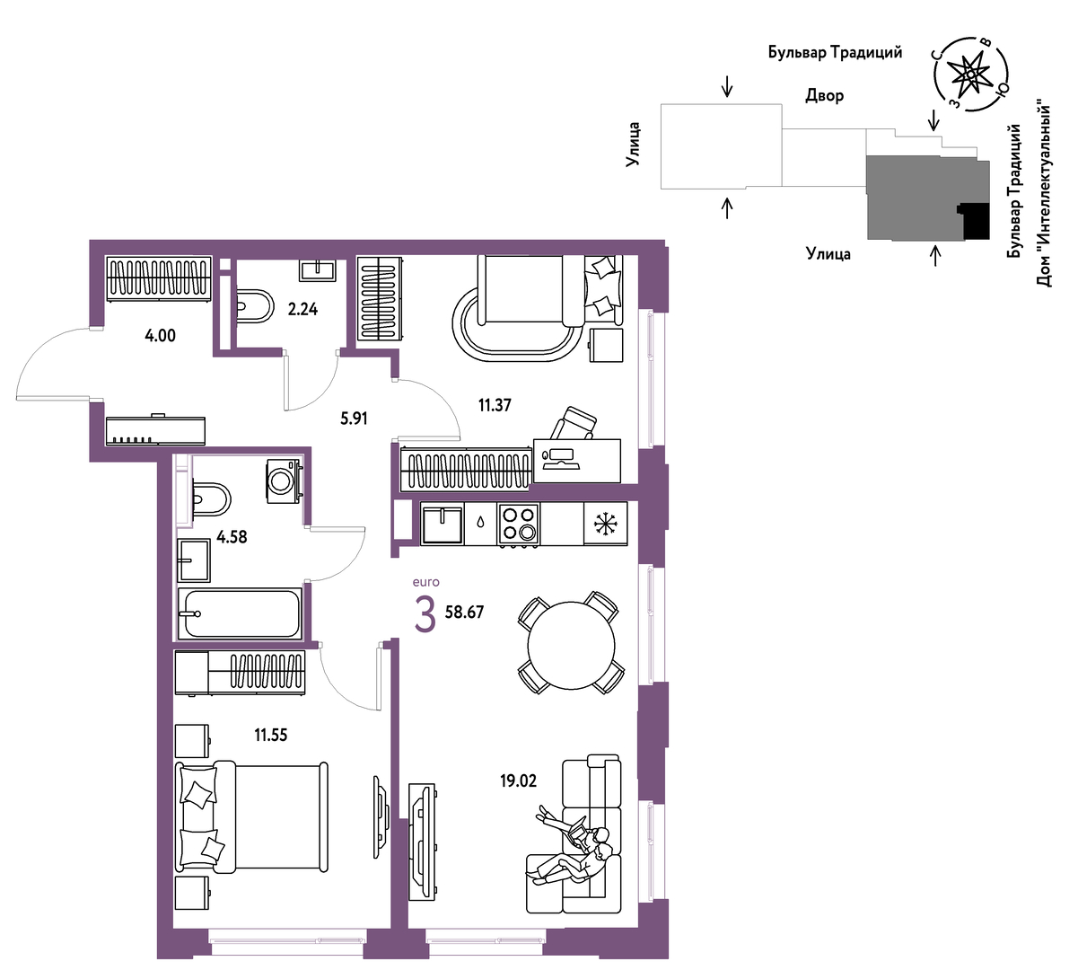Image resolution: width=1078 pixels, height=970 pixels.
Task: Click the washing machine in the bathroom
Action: pyautogui.click(x=284, y=481)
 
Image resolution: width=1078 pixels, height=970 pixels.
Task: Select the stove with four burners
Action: pyautogui.click(x=519, y=525)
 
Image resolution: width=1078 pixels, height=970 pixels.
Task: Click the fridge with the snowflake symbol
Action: pyautogui.click(x=605, y=524)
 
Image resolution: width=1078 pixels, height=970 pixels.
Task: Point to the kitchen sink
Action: pyautogui.click(x=442, y=524)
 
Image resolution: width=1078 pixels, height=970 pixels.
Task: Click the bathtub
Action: pyautogui.click(x=239, y=613)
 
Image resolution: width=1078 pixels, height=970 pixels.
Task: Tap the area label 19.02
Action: pyautogui.click(x=519, y=780)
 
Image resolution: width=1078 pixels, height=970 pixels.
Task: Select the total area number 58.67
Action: pyautogui.click(x=465, y=612)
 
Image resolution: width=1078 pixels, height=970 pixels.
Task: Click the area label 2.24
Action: pyautogui.click(x=302, y=309)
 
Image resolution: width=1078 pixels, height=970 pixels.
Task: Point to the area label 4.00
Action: pyautogui.click(x=160, y=336)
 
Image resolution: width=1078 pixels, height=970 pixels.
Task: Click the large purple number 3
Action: pyautogui.click(x=425, y=615)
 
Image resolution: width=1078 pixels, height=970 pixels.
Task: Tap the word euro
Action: pyautogui.click(x=426, y=582)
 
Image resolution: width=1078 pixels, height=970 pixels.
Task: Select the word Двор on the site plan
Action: pyautogui.click(x=824, y=96)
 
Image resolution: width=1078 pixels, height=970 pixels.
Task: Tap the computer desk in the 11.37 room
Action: pyautogui.click(x=576, y=461)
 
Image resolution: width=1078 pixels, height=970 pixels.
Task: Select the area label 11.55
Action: pyautogui.click(x=271, y=735)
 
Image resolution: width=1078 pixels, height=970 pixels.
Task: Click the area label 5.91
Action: pyautogui.click(x=355, y=419)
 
